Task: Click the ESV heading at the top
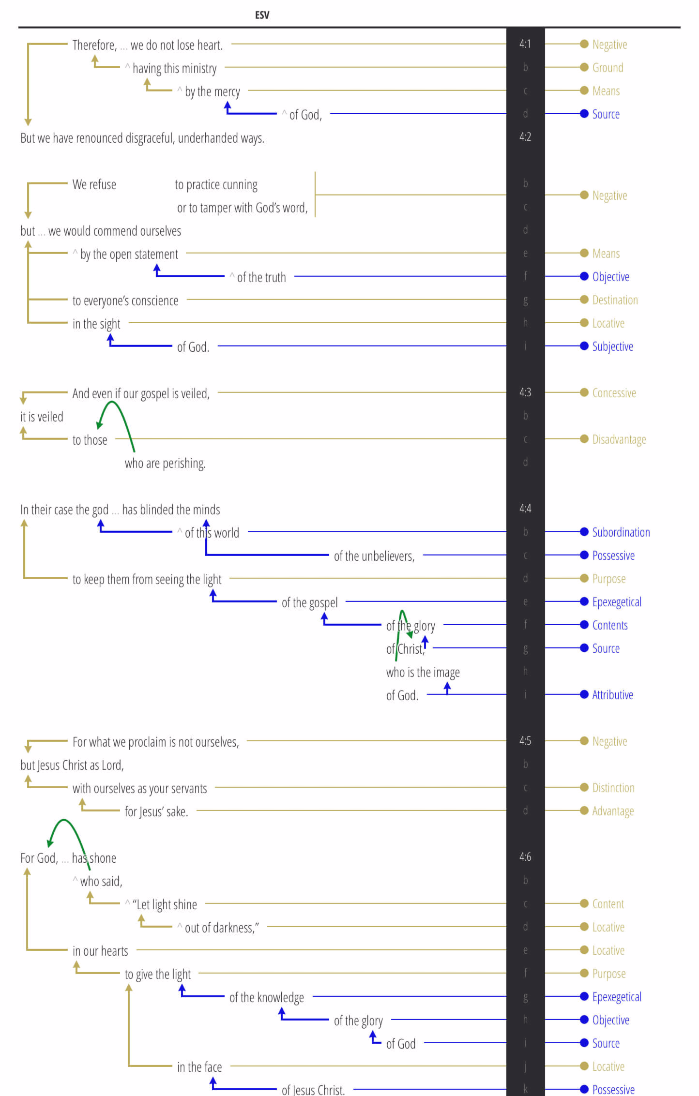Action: tap(262, 15)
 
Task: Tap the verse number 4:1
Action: tap(525, 44)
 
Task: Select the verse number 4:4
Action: tap(525, 509)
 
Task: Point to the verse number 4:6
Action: tap(525, 857)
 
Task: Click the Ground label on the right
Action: tap(608, 68)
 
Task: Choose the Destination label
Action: tap(615, 300)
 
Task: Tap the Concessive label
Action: tap(614, 393)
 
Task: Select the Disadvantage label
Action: tap(619, 439)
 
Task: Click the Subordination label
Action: tap(621, 532)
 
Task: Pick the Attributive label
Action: tap(612, 695)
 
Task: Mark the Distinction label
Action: tap(613, 788)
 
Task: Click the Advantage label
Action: tap(613, 811)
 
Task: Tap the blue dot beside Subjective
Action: tap(584, 346)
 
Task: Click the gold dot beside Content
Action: tap(584, 903)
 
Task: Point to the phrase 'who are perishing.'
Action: tap(165, 464)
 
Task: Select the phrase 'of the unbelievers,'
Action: tap(374, 556)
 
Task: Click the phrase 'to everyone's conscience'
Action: tap(125, 301)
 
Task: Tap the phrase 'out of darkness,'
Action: tap(222, 928)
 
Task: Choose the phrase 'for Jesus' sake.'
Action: tap(156, 812)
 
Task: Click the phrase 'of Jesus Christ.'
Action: tap(313, 1090)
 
